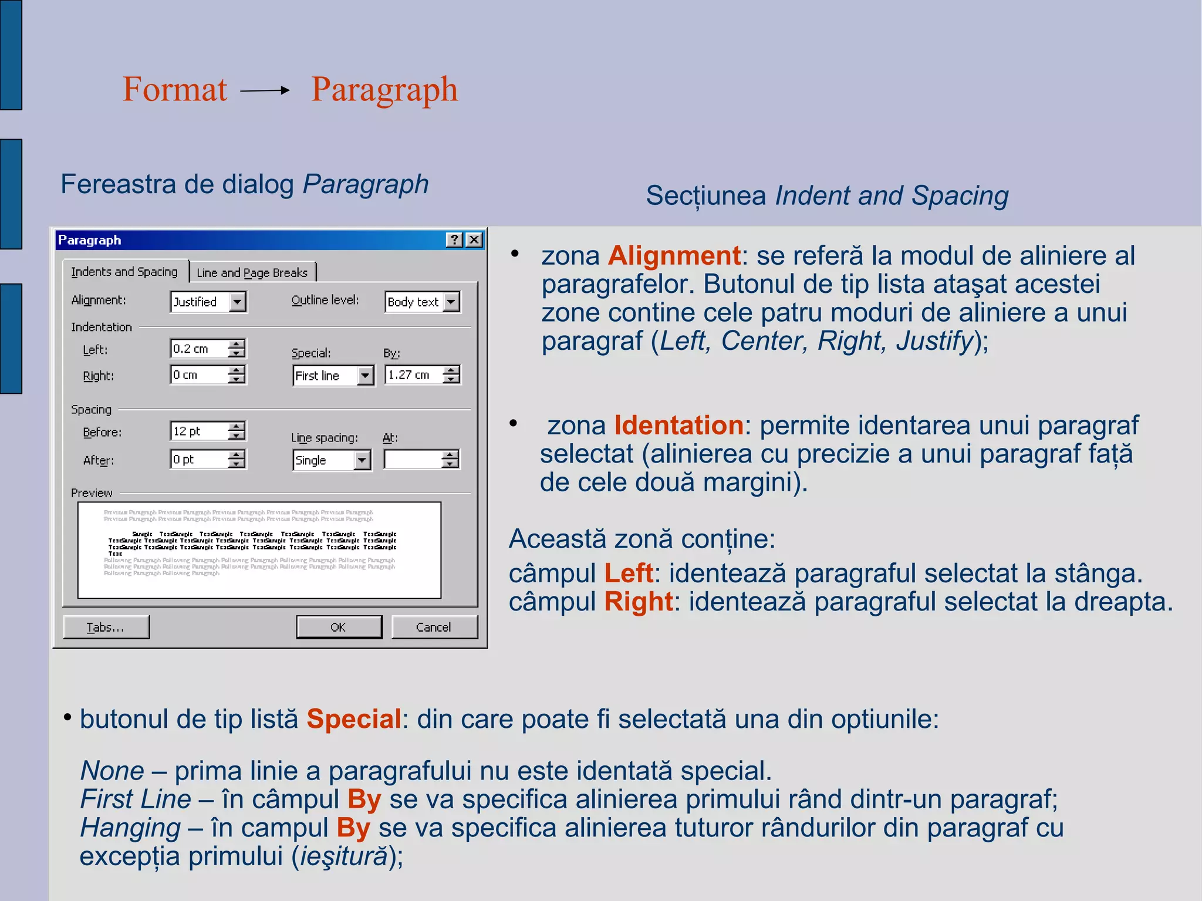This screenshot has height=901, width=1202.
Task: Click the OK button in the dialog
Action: pos(339,627)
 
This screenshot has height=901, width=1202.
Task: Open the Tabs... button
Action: pos(106,627)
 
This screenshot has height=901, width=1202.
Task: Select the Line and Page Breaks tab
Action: pos(252,273)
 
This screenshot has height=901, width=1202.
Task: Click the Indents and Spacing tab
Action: pos(124,272)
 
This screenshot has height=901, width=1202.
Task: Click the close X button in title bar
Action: pos(474,240)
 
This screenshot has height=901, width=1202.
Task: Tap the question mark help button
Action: pos(454,240)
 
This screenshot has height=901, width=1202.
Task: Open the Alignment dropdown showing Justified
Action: pos(208,302)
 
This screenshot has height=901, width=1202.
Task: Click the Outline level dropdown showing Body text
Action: pos(422,302)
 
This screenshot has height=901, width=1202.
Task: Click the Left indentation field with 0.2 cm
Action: pos(200,349)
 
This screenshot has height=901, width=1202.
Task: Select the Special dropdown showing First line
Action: pos(333,376)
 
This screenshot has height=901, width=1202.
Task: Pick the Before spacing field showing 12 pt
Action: pos(200,431)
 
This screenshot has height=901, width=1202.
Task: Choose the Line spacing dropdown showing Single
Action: pos(332,460)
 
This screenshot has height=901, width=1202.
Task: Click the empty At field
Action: pos(413,460)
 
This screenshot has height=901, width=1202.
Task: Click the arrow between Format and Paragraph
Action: pos(265,90)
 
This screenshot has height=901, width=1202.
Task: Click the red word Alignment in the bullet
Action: pos(674,256)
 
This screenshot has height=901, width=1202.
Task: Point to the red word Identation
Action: pos(678,426)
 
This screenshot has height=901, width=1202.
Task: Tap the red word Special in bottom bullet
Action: pos(354,719)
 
